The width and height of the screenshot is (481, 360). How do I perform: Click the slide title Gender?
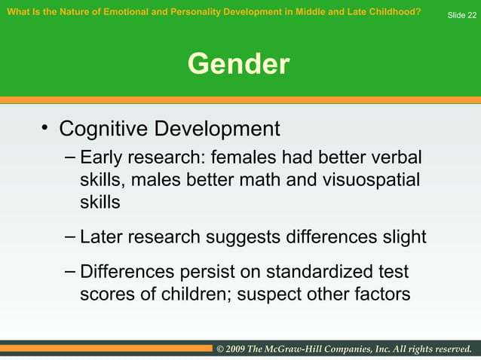[x=238, y=65]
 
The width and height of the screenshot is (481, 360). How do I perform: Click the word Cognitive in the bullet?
[x=103, y=129]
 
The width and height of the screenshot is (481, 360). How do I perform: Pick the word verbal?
[x=394, y=159]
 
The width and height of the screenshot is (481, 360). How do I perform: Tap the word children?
[x=196, y=294]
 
